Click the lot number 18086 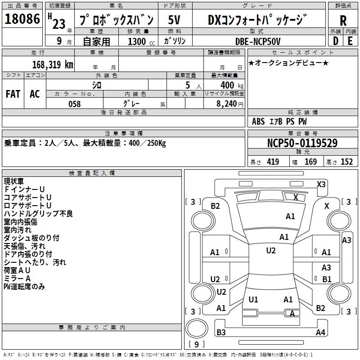tap(22, 20)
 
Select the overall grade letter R tap(343, 21)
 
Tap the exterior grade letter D tap(336, 41)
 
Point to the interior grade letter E tap(350, 41)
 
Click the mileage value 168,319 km tap(52, 64)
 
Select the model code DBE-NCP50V tap(258, 41)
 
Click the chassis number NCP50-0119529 tap(302, 143)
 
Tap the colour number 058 tap(74, 104)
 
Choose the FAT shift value tap(13, 94)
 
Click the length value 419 tap(273, 162)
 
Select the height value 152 tap(346, 162)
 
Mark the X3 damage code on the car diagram tap(321, 184)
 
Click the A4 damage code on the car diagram tap(320, 333)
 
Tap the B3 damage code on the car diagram tap(221, 333)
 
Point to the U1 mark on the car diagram tap(253, 299)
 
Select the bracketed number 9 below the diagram tap(197, 344)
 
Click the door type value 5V tap(175, 20)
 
